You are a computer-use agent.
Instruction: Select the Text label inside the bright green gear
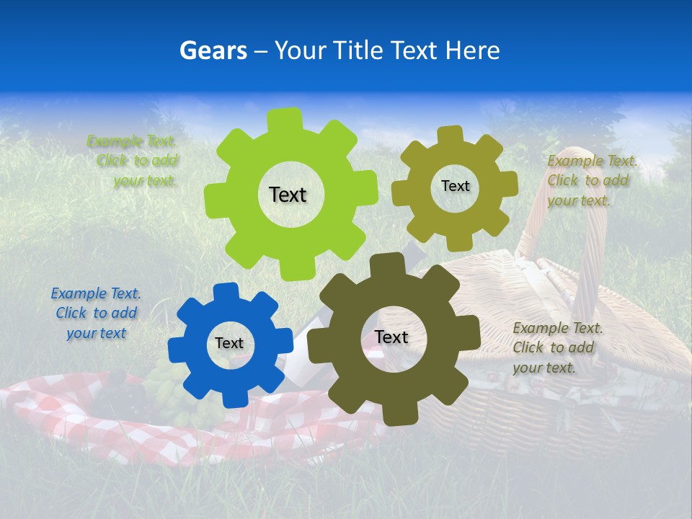[x=288, y=195]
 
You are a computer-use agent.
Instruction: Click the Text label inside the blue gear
[x=229, y=344]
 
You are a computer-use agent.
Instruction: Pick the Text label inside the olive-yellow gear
[x=455, y=186]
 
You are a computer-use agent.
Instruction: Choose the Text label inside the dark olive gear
[x=391, y=337]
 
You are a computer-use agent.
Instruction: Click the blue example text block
[x=96, y=314]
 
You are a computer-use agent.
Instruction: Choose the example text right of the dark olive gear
[x=557, y=347]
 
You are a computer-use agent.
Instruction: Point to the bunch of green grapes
[x=167, y=393]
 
